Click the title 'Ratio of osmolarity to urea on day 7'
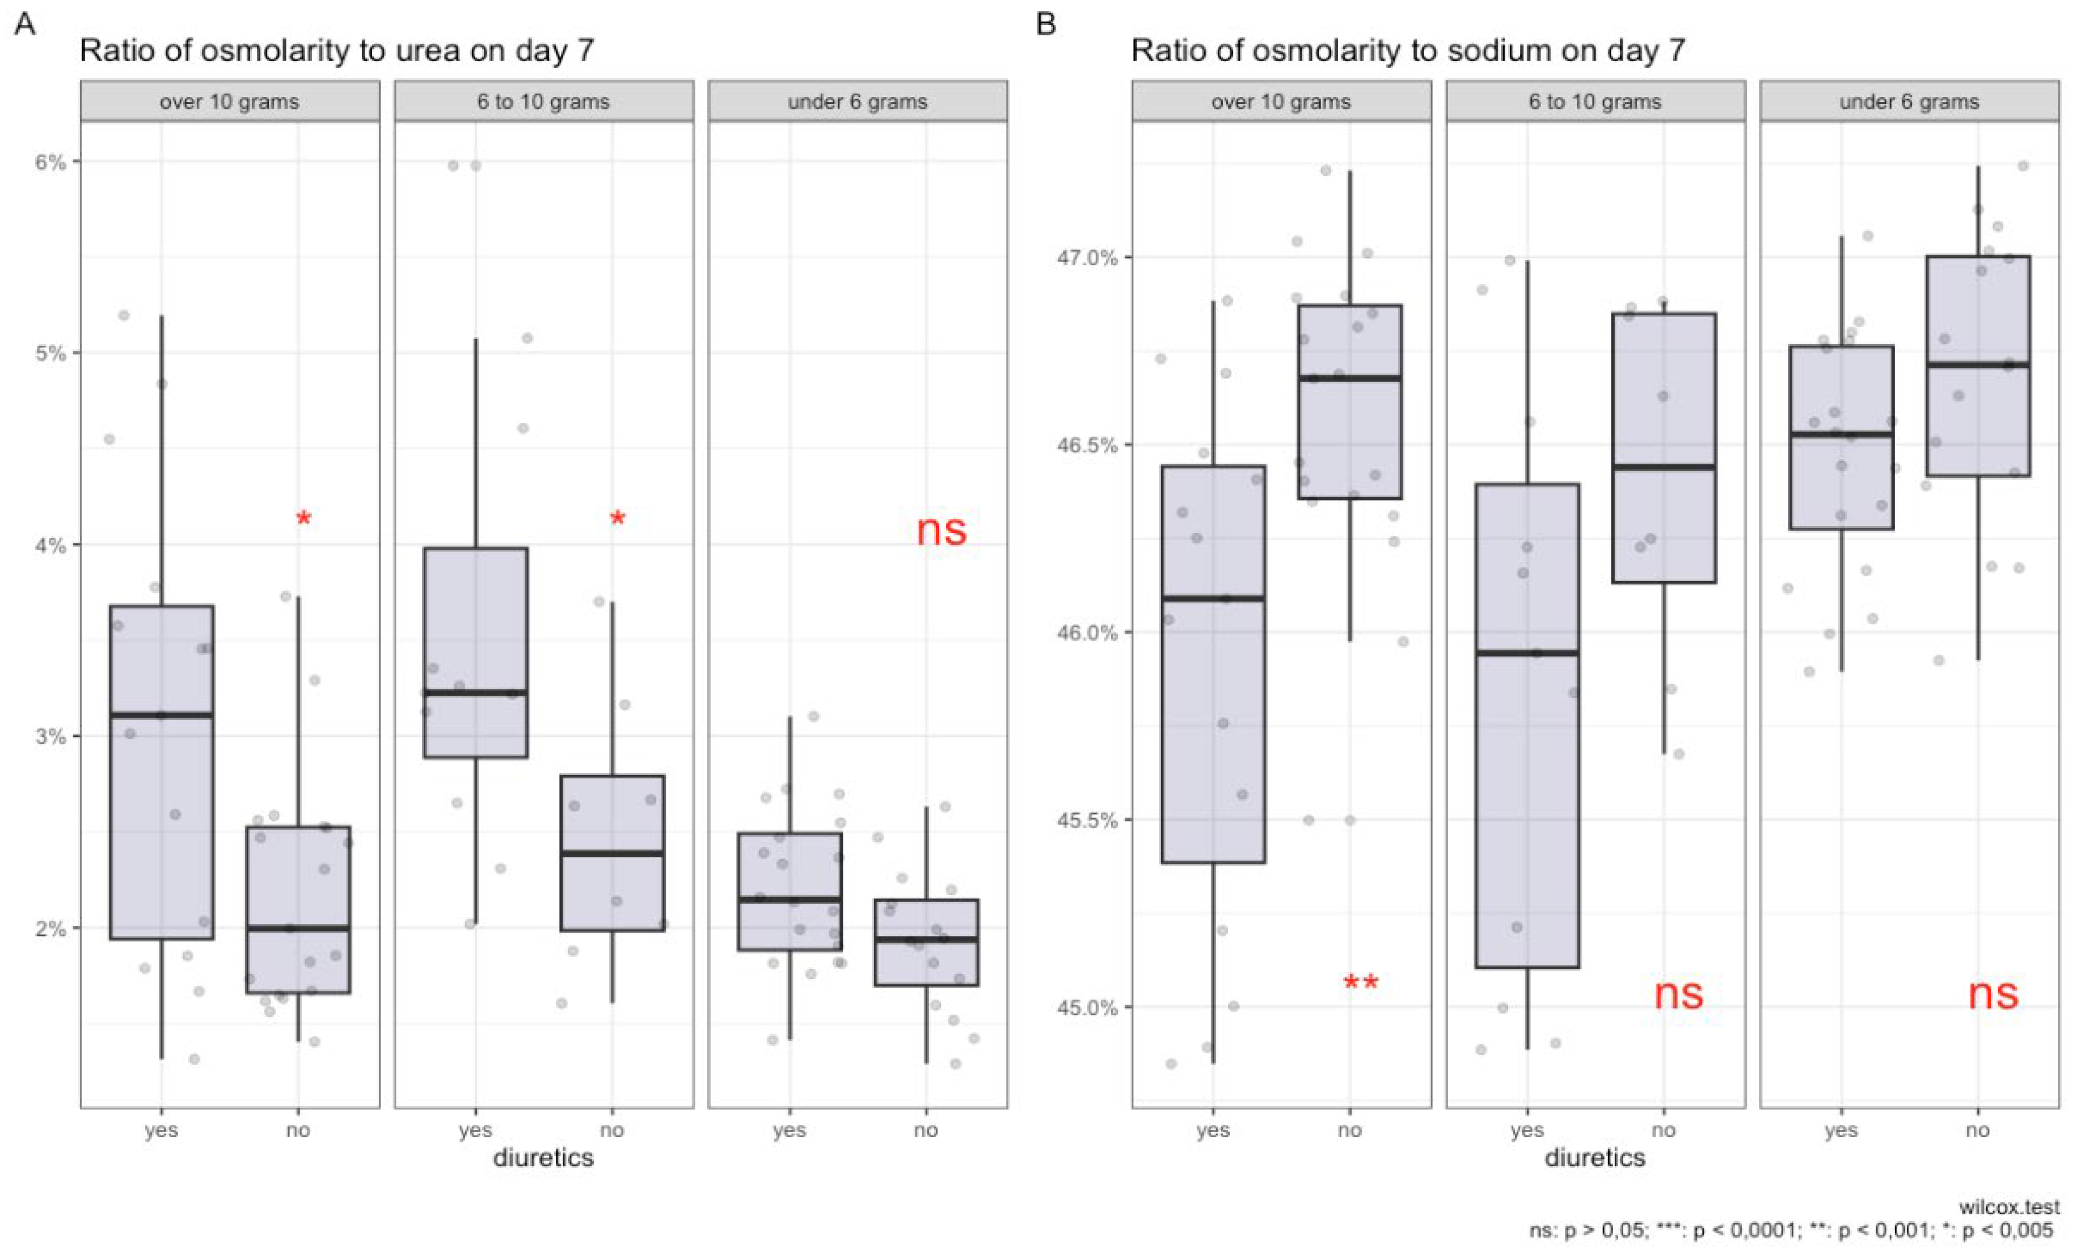pyautogui.click(x=336, y=50)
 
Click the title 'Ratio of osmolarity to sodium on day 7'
pyautogui.click(x=1408, y=50)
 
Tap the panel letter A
pyautogui.click(x=26, y=24)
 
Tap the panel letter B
pyautogui.click(x=1045, y=24)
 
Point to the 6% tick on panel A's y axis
pyautogui.click(x=50, y=162)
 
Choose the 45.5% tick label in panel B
pyautogui.click(x=1087, y=820)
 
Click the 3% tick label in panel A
pyautogui.click(x=50, y=736)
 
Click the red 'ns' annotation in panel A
pyautogui.click(x=941, y=530)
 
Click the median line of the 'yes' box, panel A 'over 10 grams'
pyautogui.click(x=162, y=714)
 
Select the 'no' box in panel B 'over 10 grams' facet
pyautogui.click(x=1349, y=402)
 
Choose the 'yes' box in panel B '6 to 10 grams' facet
pyautogui.click(x=1527, y=725)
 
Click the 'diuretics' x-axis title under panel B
pyautogui.click(x=1595, y=1158)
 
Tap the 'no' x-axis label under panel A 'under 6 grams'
pyautogui.click(x=926, y=1130)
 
